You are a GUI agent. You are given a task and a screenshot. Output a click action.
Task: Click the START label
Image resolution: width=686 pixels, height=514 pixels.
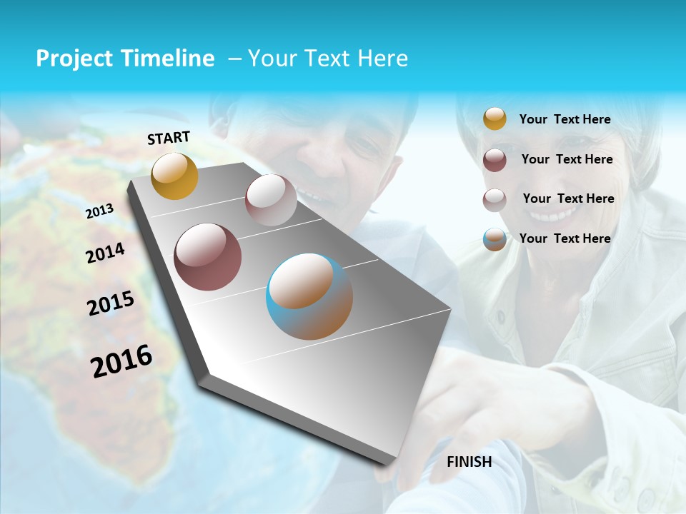point(169,138)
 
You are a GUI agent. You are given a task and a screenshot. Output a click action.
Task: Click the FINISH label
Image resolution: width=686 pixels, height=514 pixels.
point(469,462)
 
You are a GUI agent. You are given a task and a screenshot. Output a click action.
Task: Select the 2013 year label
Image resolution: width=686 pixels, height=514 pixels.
point(99,211)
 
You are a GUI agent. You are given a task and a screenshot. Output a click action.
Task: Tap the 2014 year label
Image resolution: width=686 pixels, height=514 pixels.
point(105,253)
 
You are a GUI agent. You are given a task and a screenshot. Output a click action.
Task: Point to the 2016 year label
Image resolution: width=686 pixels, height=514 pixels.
point(121,361)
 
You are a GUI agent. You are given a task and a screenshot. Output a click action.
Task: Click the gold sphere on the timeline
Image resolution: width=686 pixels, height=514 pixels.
point(174,176)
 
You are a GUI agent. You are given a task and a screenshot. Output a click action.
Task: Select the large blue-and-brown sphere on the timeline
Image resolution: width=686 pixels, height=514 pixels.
point(309,296)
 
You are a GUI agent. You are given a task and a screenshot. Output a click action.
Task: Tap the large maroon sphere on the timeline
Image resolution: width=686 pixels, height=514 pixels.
point(208,257)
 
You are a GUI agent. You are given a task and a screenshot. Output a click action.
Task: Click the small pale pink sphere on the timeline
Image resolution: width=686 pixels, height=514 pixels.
point(271,200)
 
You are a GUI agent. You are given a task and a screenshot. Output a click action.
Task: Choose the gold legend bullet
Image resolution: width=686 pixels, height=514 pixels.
point(494,119)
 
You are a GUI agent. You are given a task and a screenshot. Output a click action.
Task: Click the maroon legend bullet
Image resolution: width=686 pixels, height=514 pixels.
point(494,160)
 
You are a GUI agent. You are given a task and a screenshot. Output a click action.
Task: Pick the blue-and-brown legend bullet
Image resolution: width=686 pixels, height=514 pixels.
point(494,239)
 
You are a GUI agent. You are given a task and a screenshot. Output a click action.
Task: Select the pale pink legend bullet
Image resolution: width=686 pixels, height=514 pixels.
point(494,200)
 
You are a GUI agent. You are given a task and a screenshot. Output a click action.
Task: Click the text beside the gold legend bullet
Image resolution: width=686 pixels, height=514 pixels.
point(565,119)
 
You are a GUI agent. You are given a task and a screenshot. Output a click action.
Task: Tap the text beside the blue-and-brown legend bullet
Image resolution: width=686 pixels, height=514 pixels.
point(565,238)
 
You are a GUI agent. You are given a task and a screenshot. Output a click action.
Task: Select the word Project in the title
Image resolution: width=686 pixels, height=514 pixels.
point(74,59)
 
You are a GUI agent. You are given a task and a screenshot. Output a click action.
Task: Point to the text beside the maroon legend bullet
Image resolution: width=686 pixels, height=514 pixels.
point(567,159)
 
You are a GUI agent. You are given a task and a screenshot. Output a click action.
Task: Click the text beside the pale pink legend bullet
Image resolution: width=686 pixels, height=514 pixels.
point(568,198)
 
